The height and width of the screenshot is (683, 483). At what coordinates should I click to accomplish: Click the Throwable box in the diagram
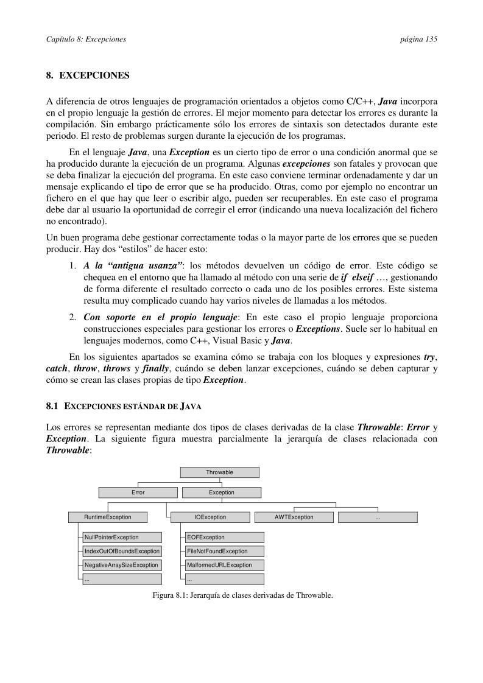click(x=219, y=472)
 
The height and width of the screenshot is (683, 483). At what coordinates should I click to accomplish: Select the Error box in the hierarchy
click(x=138, y=492)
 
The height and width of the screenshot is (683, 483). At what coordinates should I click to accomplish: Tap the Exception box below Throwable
click(x=222, y=492)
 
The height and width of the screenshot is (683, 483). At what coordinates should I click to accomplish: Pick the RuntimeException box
click(x=108, y=517)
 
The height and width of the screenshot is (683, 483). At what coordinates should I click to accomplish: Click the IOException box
click(x=210, y=517)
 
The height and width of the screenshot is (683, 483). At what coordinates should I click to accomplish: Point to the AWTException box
click(x=294, y=517)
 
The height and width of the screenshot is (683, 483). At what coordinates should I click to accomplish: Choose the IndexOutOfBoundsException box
click(x=122, y=551)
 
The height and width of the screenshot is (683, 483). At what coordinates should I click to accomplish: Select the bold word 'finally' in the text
click(x=155, y=368)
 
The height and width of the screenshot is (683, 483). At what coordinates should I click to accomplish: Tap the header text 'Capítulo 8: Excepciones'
click(x=86, y=39)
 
